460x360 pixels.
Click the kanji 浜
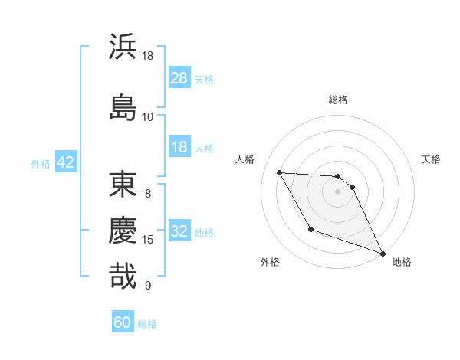click(123, 47)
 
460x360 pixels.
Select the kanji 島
click(123, 106)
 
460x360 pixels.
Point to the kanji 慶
click(123, 229)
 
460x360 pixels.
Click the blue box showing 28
click(179, 78)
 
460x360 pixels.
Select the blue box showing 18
click(179, 147)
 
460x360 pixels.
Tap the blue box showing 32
click(179, 231)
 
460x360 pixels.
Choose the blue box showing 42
click(64, 162)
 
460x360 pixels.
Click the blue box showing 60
click(123, 322)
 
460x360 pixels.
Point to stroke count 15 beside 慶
click(148, 240)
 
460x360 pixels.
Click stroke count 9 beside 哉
click(147, 286)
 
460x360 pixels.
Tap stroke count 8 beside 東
click(147, 193)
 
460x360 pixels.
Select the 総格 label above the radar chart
click(337, 100)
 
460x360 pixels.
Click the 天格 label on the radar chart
click(431, 159)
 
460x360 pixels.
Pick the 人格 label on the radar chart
click(245, 159)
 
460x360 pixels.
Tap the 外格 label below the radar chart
click(270, 262)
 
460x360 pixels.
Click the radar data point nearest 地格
click(383, 253)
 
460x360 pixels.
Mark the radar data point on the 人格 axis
click(280, 172)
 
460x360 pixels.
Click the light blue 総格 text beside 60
click(147, 324)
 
